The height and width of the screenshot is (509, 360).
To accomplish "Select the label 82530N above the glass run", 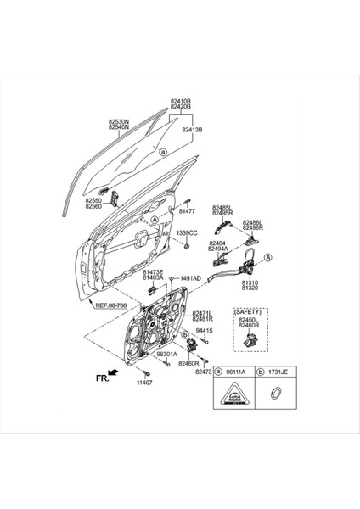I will [x=118, y=122].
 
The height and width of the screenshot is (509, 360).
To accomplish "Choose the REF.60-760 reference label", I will [x=111, y=305].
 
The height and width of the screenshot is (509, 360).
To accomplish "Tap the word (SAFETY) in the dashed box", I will [x=249, y=312].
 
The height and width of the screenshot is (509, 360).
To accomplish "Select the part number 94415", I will [x=205, y=330].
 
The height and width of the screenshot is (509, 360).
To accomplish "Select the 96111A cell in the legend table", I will [x=239, y=372].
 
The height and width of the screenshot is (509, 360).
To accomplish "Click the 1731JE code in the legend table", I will [x=278, y=372].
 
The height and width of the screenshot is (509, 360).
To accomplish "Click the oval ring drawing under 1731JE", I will [x=275, y=393].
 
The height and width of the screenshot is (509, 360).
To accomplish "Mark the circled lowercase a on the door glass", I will [x=161, y=152].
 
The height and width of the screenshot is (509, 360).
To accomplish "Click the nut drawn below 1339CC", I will [x=186, y=247].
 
